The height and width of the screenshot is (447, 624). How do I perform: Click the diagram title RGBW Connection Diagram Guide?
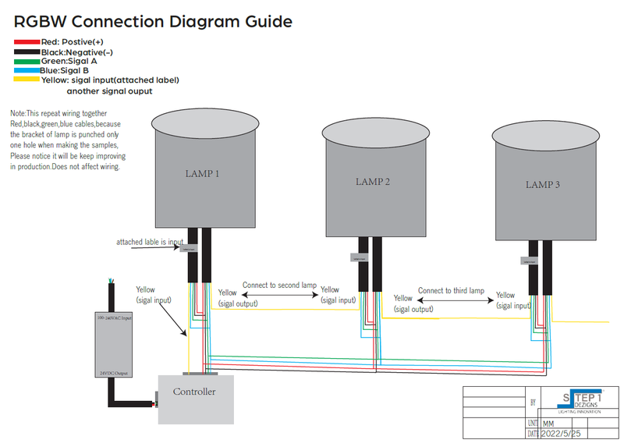(x=153, y=21)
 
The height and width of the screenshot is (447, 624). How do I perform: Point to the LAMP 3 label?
(x=543, y=185)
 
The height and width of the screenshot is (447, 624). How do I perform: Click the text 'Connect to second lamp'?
(x=279, y=286)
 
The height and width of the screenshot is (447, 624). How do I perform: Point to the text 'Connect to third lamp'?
(x=451, y=290)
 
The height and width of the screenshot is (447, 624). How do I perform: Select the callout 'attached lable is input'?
(x=150, y=242)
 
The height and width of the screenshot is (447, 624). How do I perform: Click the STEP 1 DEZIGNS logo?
(x=581, y=400)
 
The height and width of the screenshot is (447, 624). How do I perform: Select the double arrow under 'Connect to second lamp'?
(x=280, y=296)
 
